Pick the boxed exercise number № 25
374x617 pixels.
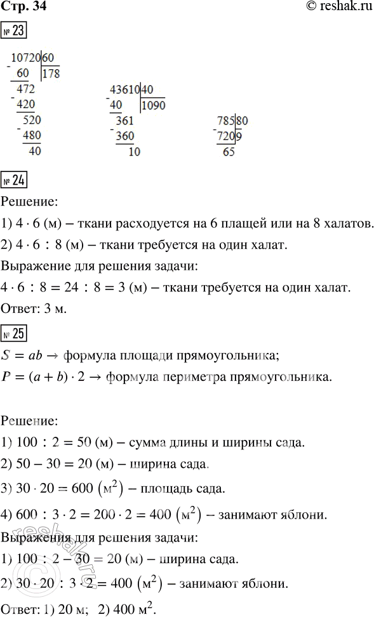(14, 331)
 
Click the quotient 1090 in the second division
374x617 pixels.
(154, 106)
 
